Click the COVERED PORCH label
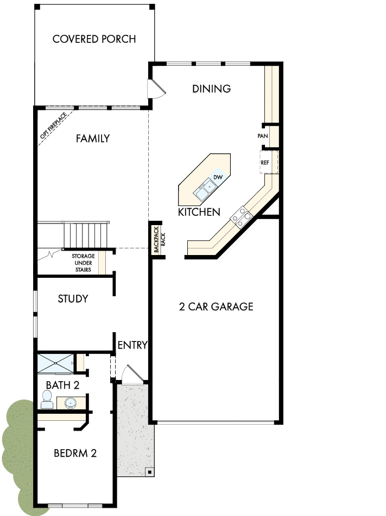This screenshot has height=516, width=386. pos(94,39)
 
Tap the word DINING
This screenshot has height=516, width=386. pos(212,89)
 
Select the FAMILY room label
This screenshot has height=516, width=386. pos(93,139)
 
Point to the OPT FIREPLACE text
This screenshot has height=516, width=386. pos(53,128)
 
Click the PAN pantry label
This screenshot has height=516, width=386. pos(263,136)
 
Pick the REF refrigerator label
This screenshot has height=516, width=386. pos(265,163)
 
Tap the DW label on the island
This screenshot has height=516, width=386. pos(218,177)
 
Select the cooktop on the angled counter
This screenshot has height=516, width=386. pos(242,217)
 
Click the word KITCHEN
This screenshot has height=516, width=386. pos(199,212)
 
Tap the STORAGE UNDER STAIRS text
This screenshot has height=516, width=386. pos(83,263)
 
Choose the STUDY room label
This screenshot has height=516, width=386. pos(73,299)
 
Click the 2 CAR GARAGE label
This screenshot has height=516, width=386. pos(216,307)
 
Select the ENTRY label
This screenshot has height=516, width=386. pos(132,345)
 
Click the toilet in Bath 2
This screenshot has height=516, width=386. pos(47,403)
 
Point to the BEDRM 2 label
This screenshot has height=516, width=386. pos(75,453)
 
